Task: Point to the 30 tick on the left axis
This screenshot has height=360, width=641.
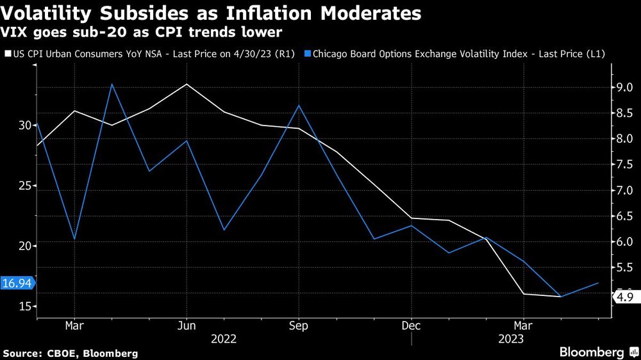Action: [24, 126]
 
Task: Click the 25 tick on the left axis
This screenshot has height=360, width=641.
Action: [24, 186]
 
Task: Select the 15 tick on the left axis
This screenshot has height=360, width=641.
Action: [24, 307]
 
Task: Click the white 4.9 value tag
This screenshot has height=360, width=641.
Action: [625, 297]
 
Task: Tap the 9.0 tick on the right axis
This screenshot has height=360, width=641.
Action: [624, 88]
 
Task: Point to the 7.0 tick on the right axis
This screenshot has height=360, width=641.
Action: [624, 190]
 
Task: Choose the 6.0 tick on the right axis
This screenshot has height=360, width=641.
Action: [624, 241]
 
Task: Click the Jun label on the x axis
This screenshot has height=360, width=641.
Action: [187, 326]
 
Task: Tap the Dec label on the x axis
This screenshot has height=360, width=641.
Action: [411, 326]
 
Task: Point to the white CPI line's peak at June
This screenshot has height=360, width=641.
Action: [187, 84]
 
